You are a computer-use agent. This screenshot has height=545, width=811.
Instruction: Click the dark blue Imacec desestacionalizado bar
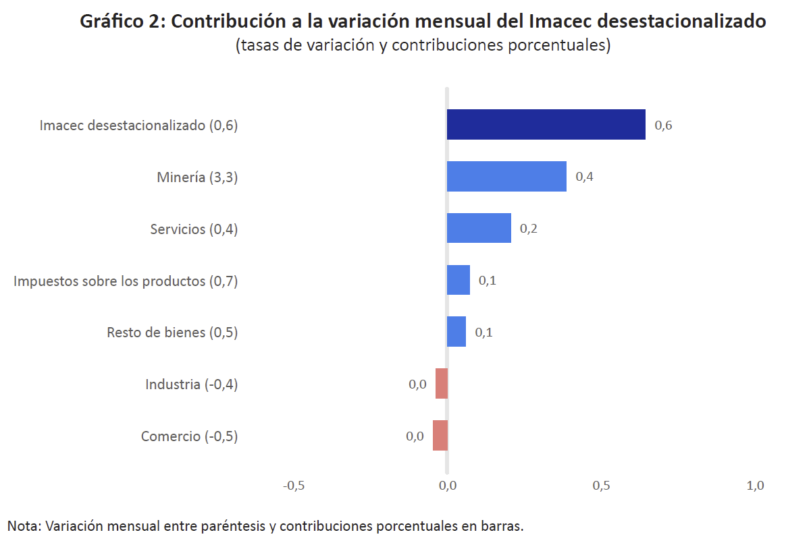click(x=546, y=125)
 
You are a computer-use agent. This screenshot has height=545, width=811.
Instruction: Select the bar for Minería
click(x=506, y=177)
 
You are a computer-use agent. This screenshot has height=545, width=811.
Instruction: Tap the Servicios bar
click(x=479, y=228)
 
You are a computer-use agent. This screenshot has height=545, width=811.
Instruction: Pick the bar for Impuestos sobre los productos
click(x=459, y=280)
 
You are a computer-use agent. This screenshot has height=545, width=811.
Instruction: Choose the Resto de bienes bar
click(x=456, y=332)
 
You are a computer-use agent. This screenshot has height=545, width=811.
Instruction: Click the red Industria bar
click(x=442, y=383)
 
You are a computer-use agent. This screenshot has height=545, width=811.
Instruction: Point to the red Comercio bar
click(x=440, y=435)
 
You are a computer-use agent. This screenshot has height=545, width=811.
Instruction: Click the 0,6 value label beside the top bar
click(x=663, y=125)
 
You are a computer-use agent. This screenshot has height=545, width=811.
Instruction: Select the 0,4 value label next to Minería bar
click(x=584, y=177)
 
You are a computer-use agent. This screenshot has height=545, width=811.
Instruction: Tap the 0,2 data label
click(x=529, y=229)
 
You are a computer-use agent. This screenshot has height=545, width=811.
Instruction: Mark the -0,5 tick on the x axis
click(x=293, y=486)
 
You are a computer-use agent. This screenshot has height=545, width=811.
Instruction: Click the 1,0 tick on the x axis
click(x=755, y=486)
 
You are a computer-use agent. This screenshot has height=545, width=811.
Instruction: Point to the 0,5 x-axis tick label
click(x=602, y=486)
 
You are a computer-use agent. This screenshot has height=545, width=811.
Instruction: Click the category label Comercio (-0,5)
click(x=189, y=436)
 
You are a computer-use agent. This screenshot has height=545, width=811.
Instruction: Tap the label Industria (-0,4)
click(x=192, y=384)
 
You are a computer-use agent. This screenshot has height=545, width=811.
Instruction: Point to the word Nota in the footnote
click(x=22, y=525)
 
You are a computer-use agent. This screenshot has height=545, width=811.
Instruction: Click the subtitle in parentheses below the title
click(x=423, y=45)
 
